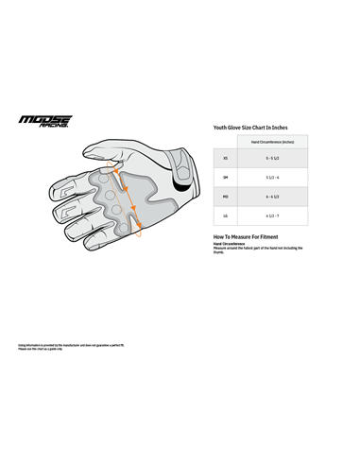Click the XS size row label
(224, 158)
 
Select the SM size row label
(224, 177)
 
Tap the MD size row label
(224, 197)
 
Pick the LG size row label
(224, 215)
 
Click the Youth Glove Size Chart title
(250, 127)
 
